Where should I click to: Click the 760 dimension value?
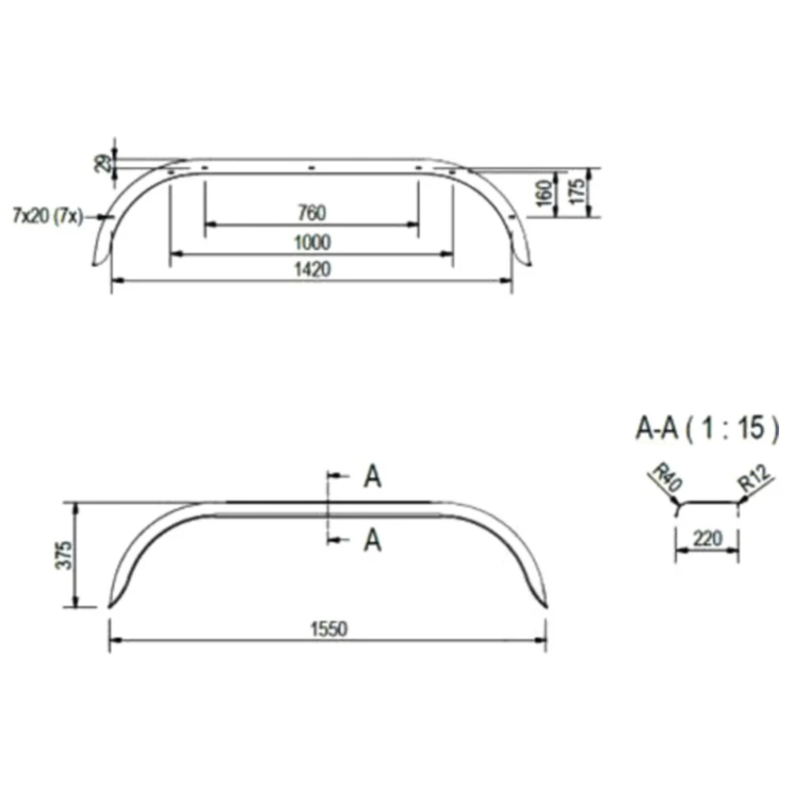[312, 213]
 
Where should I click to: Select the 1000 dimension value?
[312, 243]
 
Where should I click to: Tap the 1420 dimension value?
[312, 270]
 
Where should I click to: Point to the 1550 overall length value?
[328, 629]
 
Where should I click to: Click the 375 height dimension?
[63, 556]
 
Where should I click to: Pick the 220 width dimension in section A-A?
[707, 539]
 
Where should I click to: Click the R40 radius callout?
[668, 479]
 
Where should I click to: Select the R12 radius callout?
[755, 479]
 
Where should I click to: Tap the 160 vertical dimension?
[544, 193]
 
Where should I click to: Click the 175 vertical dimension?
[578, 191]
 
